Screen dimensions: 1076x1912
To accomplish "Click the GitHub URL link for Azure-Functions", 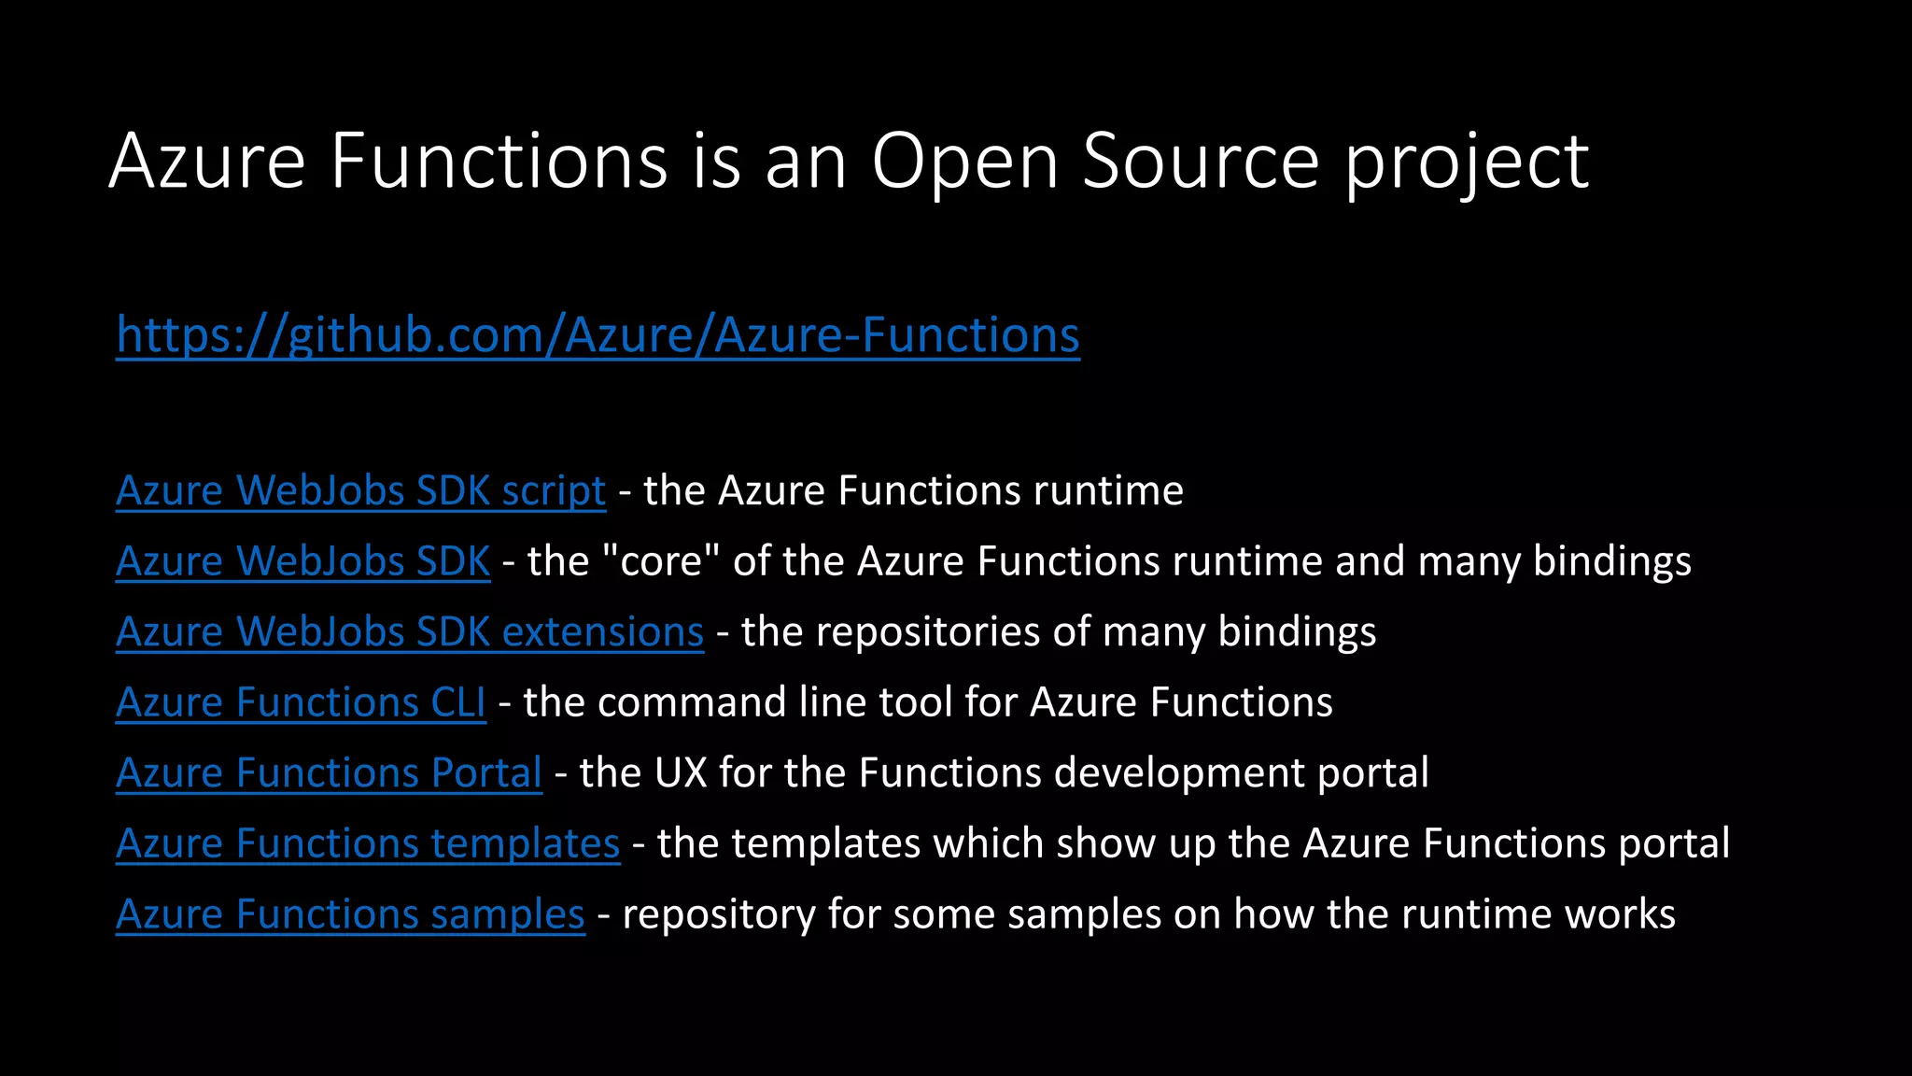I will pos(597,335).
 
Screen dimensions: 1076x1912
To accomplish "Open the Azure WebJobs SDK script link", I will pos(360,491).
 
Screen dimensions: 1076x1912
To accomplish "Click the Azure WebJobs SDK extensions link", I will pos(409,632).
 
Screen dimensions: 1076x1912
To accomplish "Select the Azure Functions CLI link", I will pos(301,702).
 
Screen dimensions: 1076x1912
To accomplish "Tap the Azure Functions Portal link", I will pos(329,773).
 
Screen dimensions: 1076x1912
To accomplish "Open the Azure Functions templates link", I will pos(368,843).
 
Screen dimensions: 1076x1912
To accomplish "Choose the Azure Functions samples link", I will pos(350,914).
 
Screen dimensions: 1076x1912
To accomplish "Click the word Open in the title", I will pos(964,162).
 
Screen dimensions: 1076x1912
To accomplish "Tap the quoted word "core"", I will pos(661,561).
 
